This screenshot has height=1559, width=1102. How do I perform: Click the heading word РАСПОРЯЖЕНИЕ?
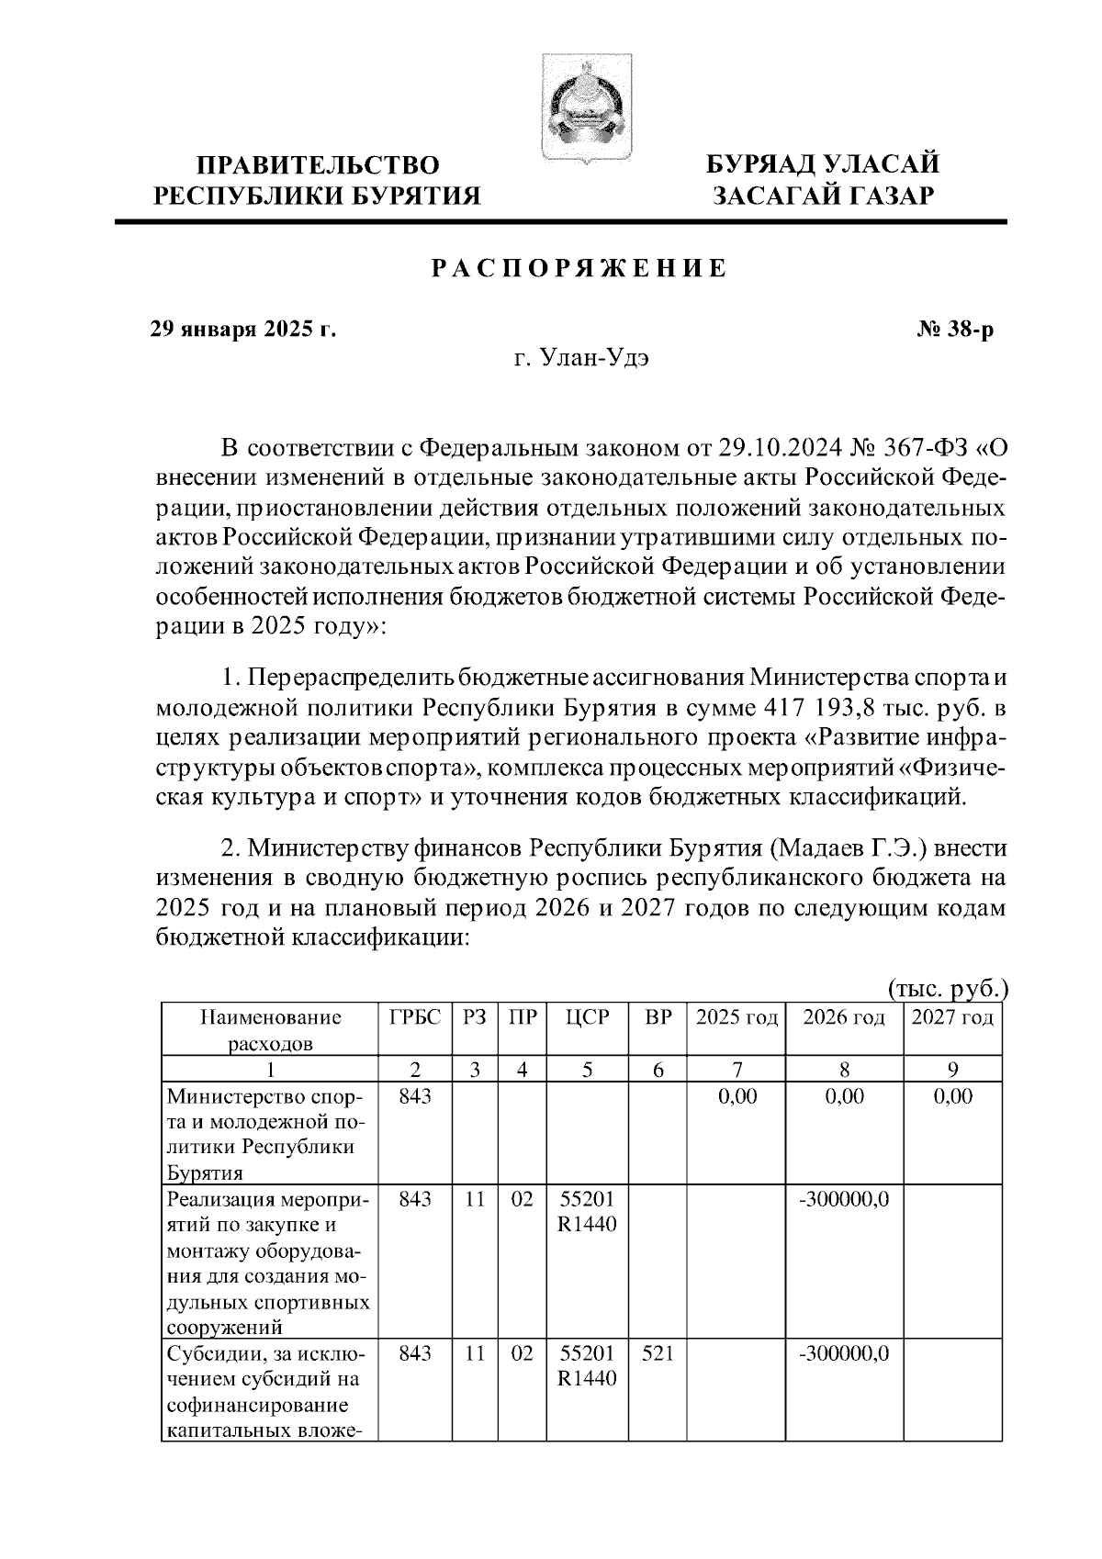tap(579, 269)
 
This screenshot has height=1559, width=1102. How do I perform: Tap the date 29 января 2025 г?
tap(243, 329)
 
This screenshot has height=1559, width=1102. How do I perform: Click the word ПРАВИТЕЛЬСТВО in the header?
tap(319, 166)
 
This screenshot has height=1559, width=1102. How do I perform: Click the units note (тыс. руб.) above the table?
tap(948, 989)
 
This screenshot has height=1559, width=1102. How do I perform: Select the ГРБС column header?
tap(415, 1017)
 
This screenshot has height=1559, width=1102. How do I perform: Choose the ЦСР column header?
tap(588, 1017)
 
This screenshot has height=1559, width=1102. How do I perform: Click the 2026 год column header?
tap(844, 1017)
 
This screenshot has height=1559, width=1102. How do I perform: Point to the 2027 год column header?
tap(952, 1017)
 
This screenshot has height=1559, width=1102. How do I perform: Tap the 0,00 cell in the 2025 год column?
tap(737, 1096)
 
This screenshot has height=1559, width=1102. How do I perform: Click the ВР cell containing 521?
tap(658, 1352)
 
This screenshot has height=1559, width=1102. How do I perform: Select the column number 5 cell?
tap(588, 1069)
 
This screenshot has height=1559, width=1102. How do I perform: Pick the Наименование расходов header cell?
tap(270, 1029)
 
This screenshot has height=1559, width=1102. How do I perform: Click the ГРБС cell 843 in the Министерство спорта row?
tap(415, 1096)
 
